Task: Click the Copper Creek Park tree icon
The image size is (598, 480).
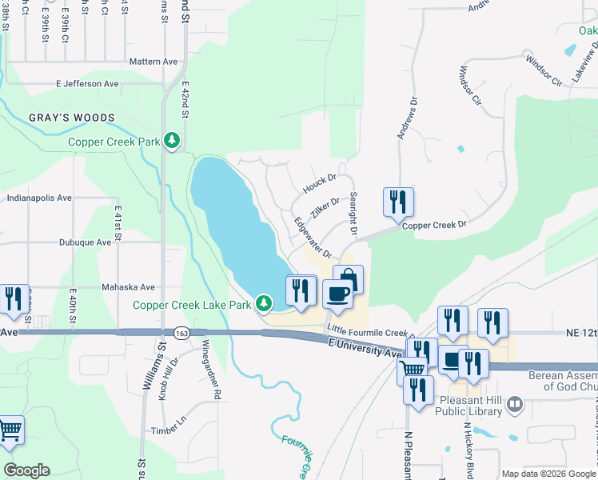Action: coord(171,142)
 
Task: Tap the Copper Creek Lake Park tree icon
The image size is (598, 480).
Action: coord(263,303)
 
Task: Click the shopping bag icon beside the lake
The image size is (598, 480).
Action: coord(349,279)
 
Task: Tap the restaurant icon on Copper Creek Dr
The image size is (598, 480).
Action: coord(398,202)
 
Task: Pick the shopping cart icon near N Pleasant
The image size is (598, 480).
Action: coord(412,369)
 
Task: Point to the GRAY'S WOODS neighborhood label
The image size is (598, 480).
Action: coord(72,118)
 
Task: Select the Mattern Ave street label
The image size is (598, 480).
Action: coord(153,61)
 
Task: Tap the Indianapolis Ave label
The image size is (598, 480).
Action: coord(39,198)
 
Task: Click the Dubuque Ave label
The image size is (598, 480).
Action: coord(85,242)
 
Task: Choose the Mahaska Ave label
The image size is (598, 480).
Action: coord(128,286)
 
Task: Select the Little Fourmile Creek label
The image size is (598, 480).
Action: coord(368,331)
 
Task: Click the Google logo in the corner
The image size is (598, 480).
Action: coord(26,470)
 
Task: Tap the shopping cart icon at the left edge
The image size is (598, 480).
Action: coord(10,430)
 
